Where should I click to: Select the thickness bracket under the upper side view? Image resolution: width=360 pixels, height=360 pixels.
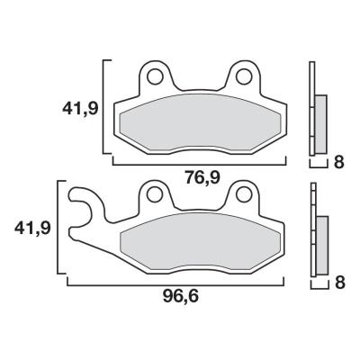pyautogui.click(x=317, y=166)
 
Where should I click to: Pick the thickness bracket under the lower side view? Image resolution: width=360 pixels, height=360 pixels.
pyautogui.click(x=317, y=286)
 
